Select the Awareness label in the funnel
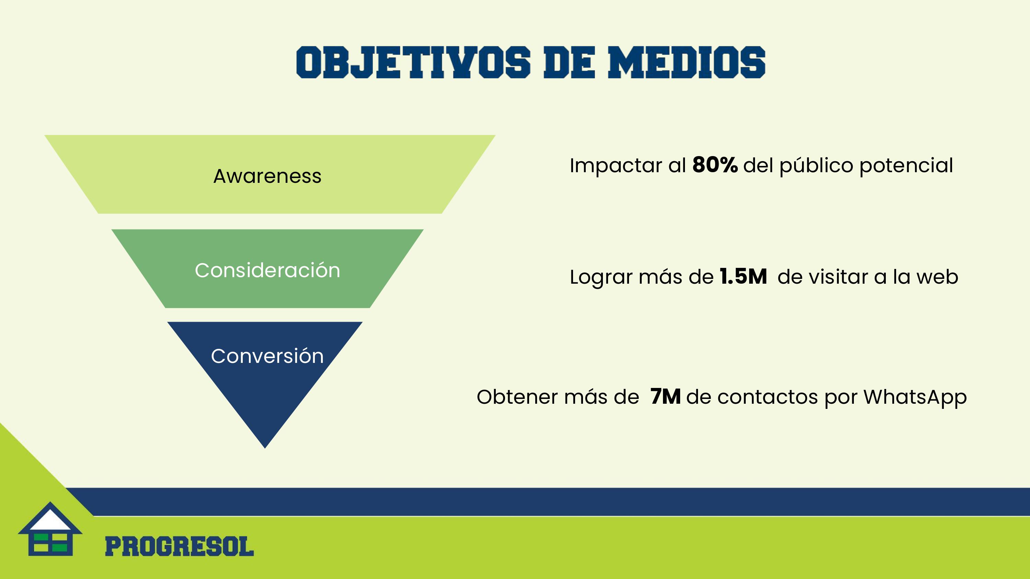[x=267, y=176]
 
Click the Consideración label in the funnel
[x=267, y=270]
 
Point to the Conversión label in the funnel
[x=267, y=356]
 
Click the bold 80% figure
[x=715, y=165]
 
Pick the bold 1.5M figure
[x=743, y=276]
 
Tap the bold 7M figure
[x=665, y=397]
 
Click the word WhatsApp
[x=915, y=397]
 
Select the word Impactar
[x=616, y=165]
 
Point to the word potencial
[x=906, y=165]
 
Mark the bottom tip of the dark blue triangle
[x=265, y=448]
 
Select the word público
[x=816, y=165]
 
